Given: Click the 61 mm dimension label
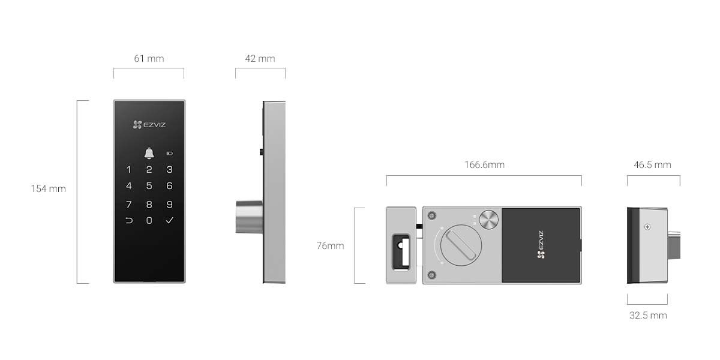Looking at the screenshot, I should coord(149,59).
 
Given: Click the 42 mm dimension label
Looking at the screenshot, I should coord(260,59).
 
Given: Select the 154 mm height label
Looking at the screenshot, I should coord(49,188).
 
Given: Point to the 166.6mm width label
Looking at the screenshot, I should coord(484,164).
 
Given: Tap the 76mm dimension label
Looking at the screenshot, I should coord(330,245).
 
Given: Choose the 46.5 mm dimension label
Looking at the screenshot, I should coord(652,164).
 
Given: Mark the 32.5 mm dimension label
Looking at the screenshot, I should coord(648,315).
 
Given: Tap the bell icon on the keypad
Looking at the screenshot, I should coord(149,154).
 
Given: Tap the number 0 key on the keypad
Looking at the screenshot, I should coord(149,221).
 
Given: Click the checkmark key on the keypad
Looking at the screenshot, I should coord(170,221).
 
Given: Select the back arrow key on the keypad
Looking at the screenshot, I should coord(128,221).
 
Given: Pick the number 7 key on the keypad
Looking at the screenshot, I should coord(128,205).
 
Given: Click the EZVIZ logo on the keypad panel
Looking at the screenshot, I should coord(149,125).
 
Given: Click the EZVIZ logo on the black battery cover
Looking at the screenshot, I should coord(540,246).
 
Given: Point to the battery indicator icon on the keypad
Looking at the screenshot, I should coord(170,153).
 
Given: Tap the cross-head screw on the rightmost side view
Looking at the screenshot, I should coord(647,227).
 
